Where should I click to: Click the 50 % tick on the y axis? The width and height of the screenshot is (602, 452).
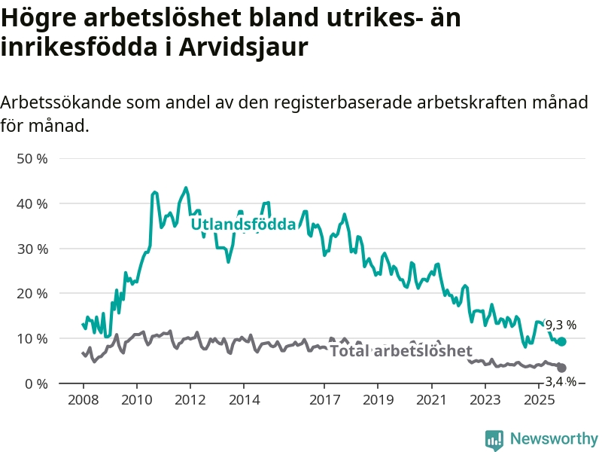31,159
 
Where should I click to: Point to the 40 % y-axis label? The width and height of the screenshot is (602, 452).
31,203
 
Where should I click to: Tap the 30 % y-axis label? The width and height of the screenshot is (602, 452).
31,249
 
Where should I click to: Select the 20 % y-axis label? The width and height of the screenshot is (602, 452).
31,293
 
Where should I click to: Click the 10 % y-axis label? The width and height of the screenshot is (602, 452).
31,338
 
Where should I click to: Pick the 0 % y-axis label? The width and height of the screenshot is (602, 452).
35,383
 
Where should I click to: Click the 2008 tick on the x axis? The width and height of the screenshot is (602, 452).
83,399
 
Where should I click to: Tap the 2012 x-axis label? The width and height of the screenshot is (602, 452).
190,399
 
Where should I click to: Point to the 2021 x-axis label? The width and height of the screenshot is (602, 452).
432,399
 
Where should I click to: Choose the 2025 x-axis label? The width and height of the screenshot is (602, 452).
539,399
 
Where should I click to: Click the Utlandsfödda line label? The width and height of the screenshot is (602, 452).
243,224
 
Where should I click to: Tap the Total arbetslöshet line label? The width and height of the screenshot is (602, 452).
401,351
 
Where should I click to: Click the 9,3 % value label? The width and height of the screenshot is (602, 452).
561,325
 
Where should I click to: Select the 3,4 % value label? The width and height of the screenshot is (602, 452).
561,382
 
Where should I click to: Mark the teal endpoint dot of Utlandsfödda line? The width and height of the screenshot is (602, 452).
561,341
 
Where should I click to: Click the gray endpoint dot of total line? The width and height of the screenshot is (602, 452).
561,368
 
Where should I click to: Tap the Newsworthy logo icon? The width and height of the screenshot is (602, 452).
494,439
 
